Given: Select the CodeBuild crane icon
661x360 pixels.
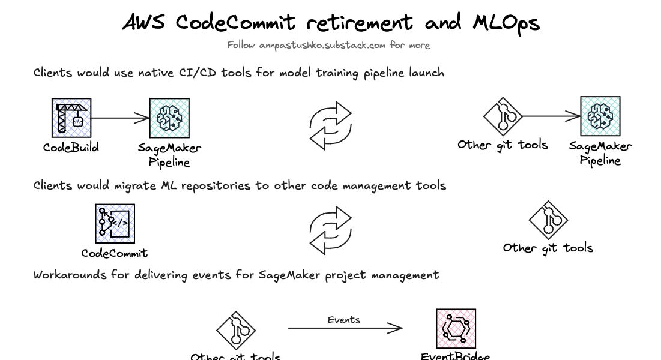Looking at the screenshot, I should click(71, 118).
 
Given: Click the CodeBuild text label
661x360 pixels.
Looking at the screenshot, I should click(71, 147).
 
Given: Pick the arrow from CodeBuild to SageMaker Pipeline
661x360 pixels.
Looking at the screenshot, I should click(120, 118).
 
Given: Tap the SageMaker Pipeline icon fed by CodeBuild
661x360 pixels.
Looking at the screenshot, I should click(169, 118).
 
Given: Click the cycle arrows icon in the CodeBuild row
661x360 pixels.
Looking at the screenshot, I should click(330, 126).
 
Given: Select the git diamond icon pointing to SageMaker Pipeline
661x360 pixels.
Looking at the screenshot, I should click(503, 116).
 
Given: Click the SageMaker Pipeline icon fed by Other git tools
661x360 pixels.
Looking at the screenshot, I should click(600, 116).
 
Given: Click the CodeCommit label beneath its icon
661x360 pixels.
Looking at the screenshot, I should click(114, 253).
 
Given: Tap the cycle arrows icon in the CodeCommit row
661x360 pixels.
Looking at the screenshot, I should click(330, 230).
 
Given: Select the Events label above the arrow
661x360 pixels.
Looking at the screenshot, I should click(344, 320).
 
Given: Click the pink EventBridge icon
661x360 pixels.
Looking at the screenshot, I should click(456, 329).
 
